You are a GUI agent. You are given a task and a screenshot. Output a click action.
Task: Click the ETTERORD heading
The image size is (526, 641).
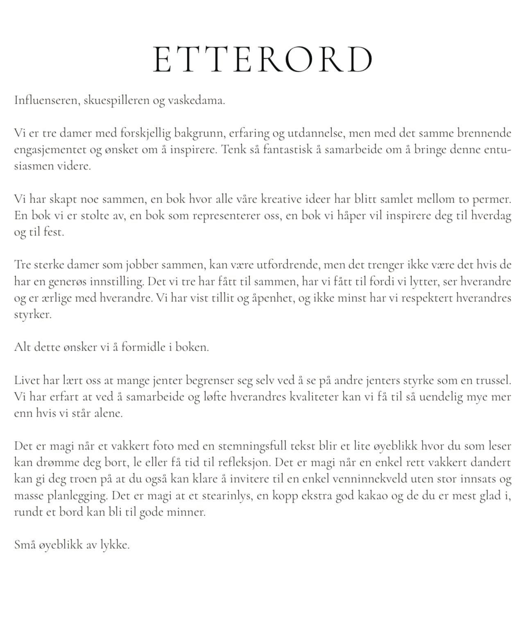263,60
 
